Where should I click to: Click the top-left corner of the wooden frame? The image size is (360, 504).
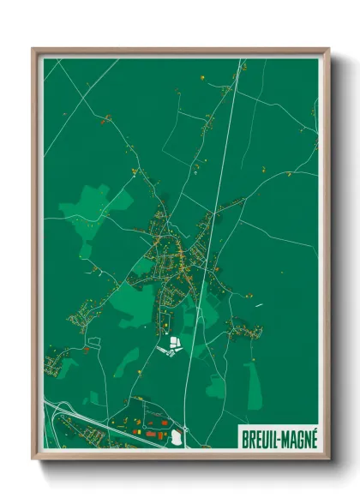[34, 50]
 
